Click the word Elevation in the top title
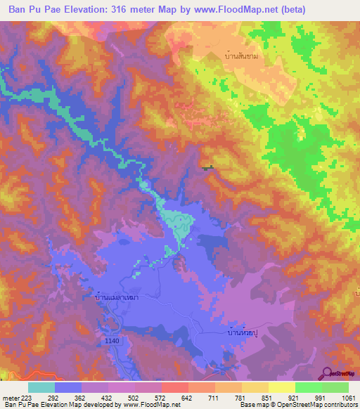pos(86,10)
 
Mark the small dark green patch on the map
pos(207,167)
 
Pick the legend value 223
pos(27,398)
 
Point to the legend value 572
pos(162,398)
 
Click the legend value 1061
pos(348,398)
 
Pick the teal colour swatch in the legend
pos(41,387)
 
